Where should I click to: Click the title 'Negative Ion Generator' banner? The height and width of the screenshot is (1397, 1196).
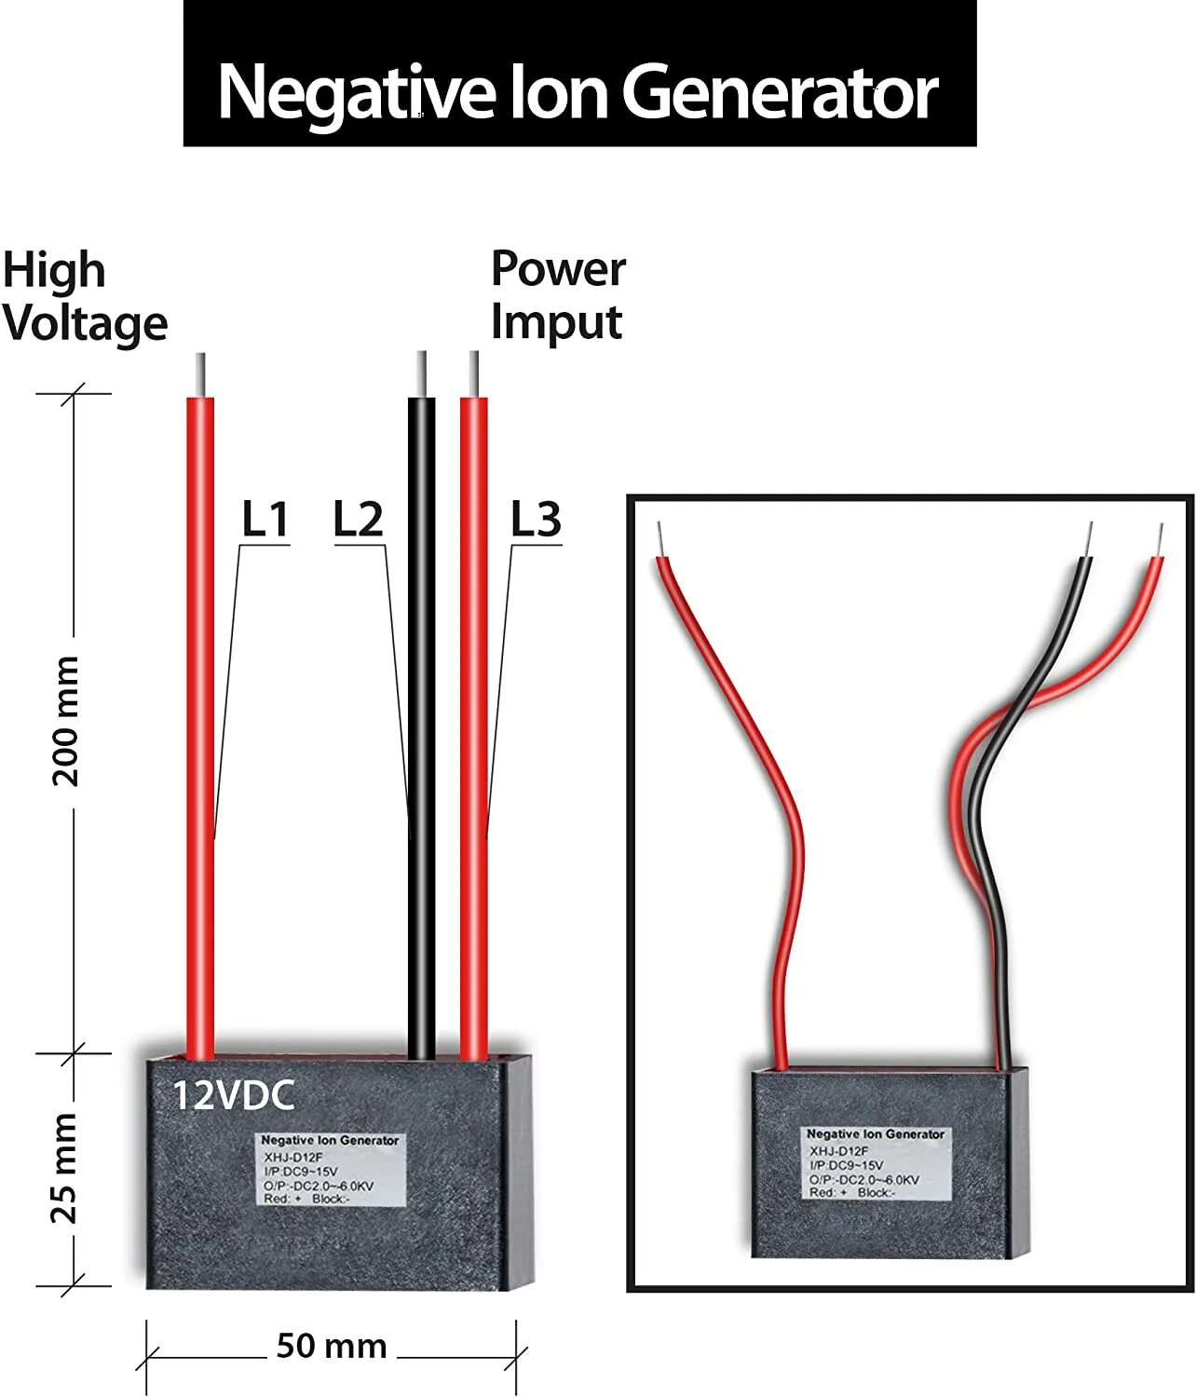point(578,91)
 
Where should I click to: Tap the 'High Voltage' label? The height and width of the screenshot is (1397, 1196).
point(84,296)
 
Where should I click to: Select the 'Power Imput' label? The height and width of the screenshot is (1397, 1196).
point(557,295)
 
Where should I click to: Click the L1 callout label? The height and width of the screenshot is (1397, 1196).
point(265,520)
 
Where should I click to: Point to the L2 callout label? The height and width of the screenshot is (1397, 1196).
point(358,520)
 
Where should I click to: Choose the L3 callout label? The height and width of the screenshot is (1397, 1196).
point(536,520)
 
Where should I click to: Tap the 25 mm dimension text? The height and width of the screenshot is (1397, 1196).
point(63,1168)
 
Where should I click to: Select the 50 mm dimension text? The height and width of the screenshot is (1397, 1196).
point(331,1346)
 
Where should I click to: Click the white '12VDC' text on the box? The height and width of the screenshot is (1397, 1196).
point(234,1095)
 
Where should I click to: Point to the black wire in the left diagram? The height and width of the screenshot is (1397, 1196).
point(421,726)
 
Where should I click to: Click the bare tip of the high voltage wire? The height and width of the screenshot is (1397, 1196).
point(200,374)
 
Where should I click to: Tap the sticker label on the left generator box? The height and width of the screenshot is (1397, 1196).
point(331,1169)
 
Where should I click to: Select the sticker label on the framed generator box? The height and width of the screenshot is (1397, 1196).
point(875,1162)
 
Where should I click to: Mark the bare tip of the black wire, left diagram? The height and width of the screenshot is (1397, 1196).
point(421,373)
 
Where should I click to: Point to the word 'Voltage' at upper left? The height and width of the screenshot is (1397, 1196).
point(85,323)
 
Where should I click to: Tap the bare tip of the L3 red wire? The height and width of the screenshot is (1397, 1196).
point(473,373)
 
